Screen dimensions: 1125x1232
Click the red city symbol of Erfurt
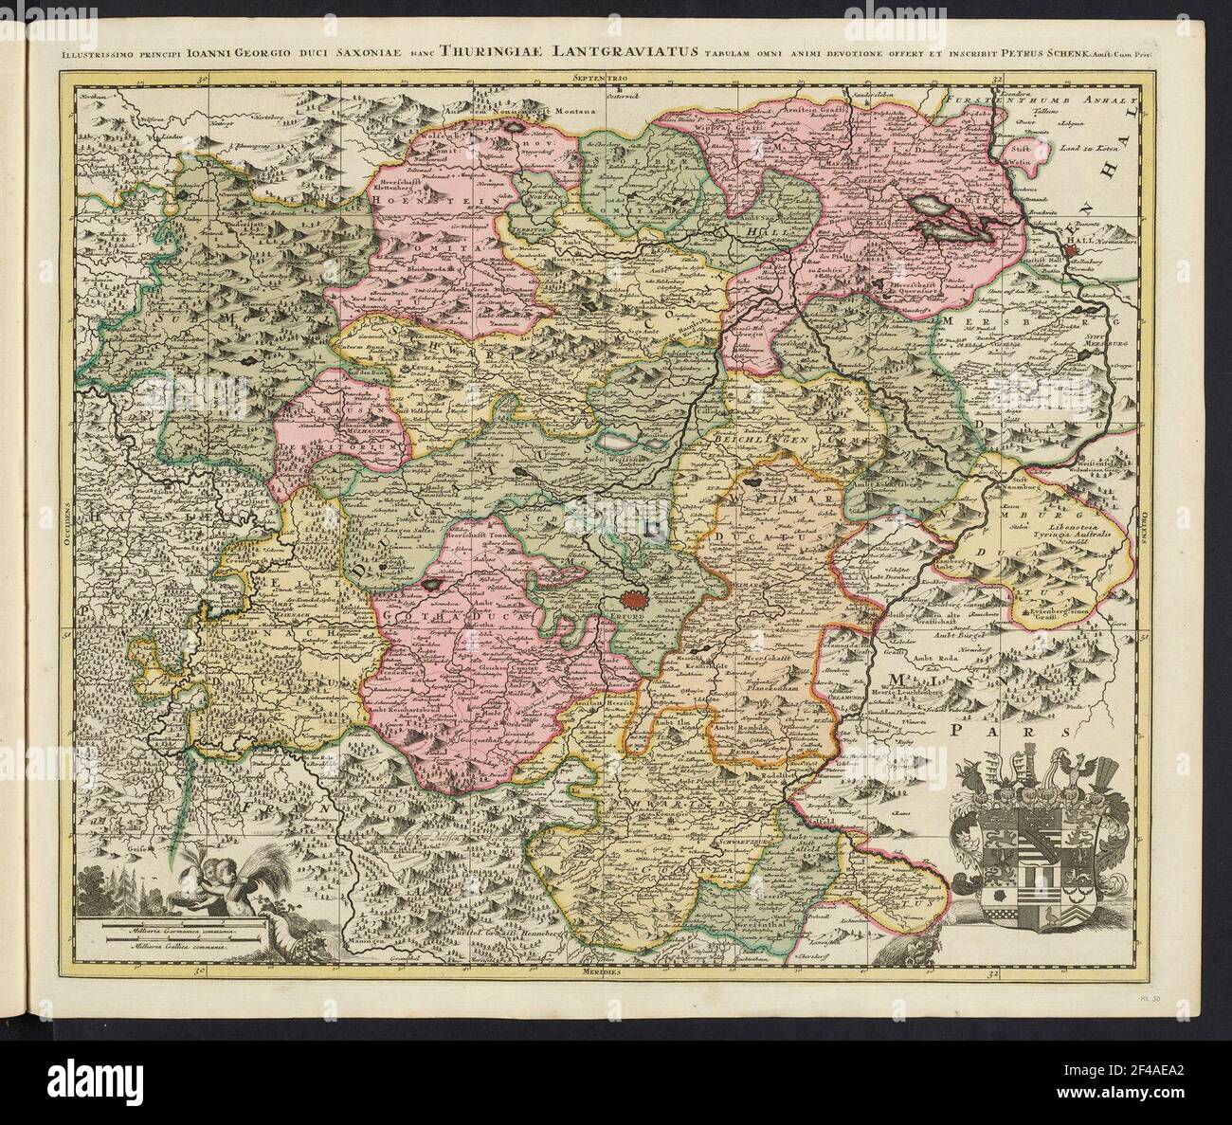634,598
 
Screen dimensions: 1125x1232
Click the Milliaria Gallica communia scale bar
171,945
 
